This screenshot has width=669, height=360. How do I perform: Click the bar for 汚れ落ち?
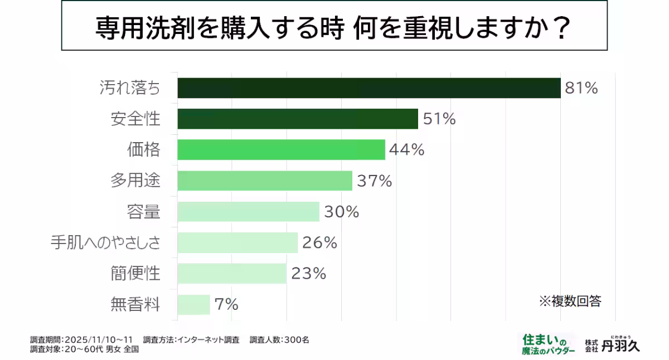point(369,88)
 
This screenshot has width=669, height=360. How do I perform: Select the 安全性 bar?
point(298,119)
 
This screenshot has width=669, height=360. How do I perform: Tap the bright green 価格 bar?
point(281,150)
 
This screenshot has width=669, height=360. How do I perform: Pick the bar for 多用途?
point(265,181)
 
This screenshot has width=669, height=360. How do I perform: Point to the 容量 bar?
point(248,212)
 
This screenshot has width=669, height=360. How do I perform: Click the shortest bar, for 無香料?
point(193,304)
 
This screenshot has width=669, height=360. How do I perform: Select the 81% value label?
point(581,88)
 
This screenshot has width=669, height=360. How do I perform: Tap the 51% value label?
point(439,119)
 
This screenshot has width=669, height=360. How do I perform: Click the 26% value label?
point(319,243)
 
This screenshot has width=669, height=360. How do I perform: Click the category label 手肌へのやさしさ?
point(105,243)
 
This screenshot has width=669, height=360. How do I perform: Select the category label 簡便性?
point(135,274)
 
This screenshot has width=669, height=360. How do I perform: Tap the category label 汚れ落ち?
point(129,88)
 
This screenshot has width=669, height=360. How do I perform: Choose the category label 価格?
point(143,150)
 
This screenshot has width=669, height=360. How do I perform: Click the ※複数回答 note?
point(570,301)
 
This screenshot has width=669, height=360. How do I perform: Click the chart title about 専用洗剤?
point(334,26)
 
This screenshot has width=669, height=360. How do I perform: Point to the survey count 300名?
point(296,339)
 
